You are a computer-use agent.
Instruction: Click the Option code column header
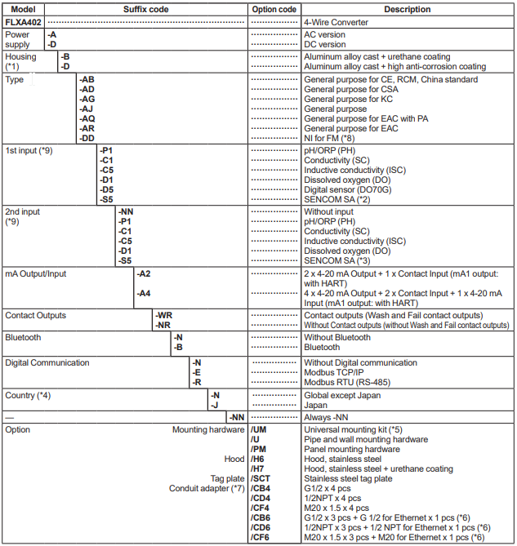coord(274,9)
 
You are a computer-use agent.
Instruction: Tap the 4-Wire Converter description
coord(336,22)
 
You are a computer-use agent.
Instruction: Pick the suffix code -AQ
coord(87,118)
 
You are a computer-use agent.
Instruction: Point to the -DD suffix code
coord(87,138)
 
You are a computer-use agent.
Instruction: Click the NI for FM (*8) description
coord(336,138)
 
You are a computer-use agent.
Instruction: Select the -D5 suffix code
coord(106,189)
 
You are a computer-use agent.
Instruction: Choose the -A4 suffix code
coord(144,293)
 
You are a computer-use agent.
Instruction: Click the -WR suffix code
coord(163,315)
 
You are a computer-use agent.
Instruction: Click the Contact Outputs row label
coord(36,315)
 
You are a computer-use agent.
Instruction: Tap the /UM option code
coord(260,429)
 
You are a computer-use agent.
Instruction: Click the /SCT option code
coord(261,479)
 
